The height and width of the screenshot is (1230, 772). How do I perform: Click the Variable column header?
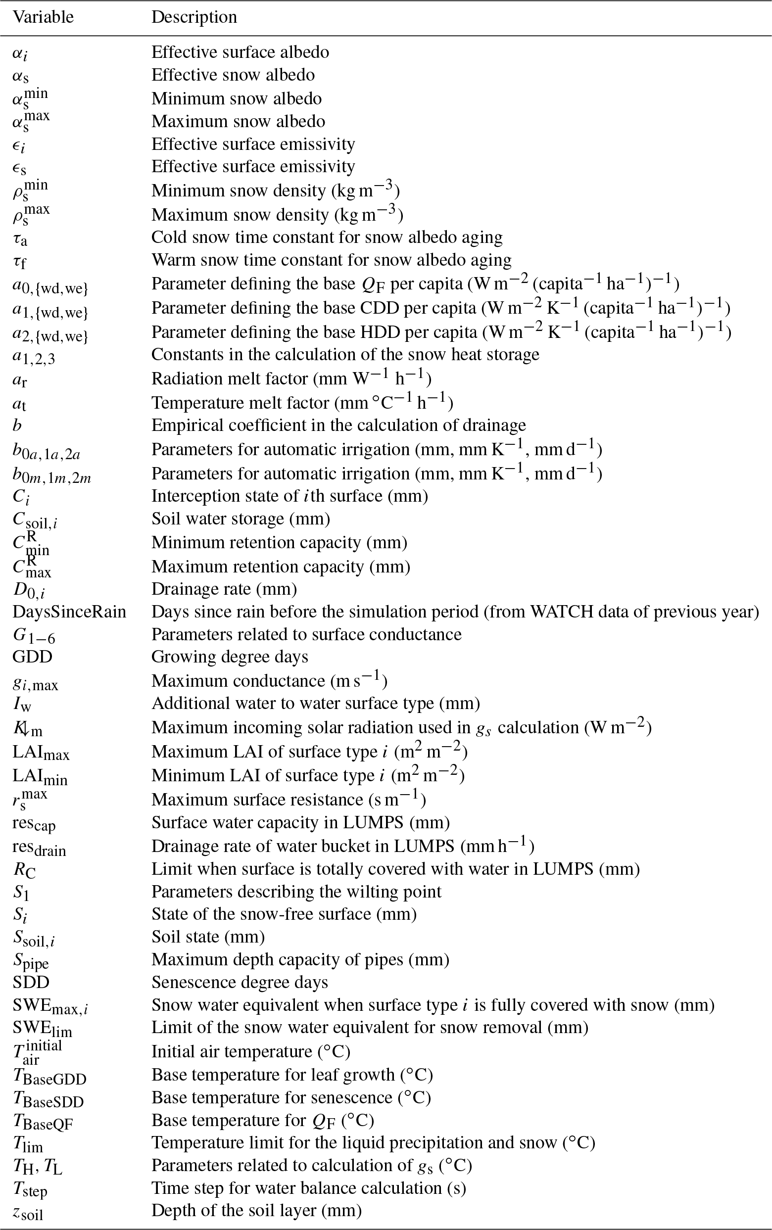[43, 17]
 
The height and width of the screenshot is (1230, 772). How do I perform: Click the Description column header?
[194, 17]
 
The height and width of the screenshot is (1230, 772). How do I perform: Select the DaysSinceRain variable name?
[69, 612]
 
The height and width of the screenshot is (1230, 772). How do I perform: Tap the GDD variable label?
[32, 657]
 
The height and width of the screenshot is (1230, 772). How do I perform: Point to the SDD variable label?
[31, 982]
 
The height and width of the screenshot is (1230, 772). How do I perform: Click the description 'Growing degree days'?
[230, 657]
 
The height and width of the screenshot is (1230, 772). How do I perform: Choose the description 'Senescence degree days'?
[240, 982]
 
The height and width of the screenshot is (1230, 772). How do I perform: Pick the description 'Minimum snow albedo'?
[237, 98]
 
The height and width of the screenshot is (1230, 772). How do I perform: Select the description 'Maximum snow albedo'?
[238, 122]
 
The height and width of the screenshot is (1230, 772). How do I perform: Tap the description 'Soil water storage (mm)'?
[241, 519]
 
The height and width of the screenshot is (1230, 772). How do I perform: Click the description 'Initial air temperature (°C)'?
[251, 1051]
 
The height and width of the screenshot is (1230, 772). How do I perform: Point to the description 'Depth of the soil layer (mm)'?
[256, 1210]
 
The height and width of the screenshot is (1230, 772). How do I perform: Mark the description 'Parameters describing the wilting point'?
[296, 892]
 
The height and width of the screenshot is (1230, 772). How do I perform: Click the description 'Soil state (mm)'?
[208, 937]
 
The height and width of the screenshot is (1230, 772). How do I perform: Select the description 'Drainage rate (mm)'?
[224, 589]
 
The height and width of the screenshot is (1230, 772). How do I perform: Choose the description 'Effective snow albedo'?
[233, 75]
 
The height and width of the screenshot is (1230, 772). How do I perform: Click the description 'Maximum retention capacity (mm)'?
[281, 567]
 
